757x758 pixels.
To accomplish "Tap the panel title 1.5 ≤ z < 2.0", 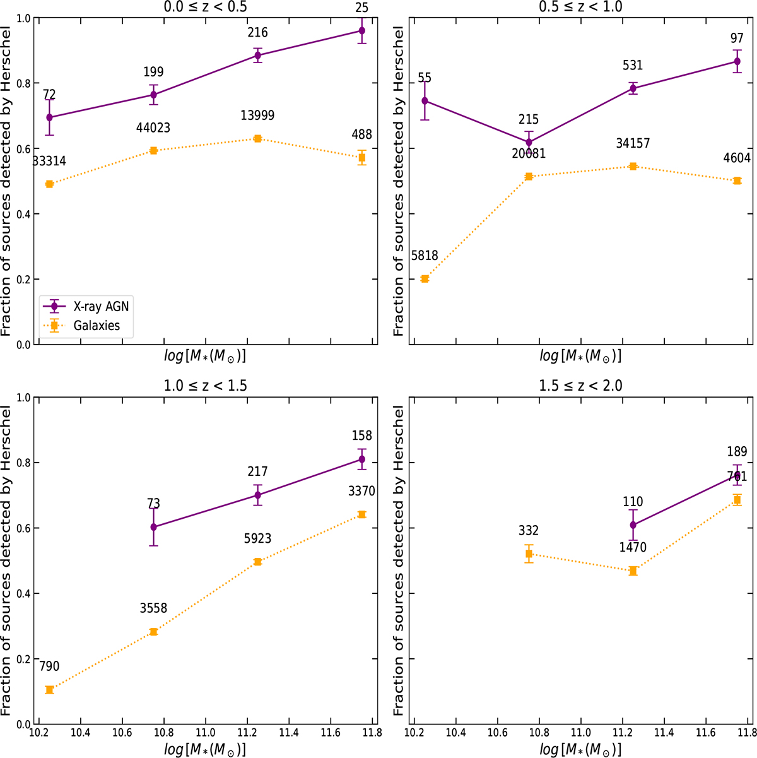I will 580,386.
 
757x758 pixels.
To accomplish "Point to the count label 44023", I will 153,128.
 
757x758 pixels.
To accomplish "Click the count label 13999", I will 257,115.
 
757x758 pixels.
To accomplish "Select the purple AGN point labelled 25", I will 361,30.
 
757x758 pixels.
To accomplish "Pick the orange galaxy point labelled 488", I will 361,157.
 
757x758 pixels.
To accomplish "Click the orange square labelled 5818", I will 425,279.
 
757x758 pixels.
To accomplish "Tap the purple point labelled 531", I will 633,88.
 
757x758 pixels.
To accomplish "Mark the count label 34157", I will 633,144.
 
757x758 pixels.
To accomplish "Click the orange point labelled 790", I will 49,690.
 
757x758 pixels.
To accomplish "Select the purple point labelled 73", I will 153,527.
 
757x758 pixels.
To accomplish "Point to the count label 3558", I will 153,608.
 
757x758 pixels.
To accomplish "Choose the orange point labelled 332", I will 529,554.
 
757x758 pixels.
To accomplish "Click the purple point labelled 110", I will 633,524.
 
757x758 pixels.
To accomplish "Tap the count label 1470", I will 633,548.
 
